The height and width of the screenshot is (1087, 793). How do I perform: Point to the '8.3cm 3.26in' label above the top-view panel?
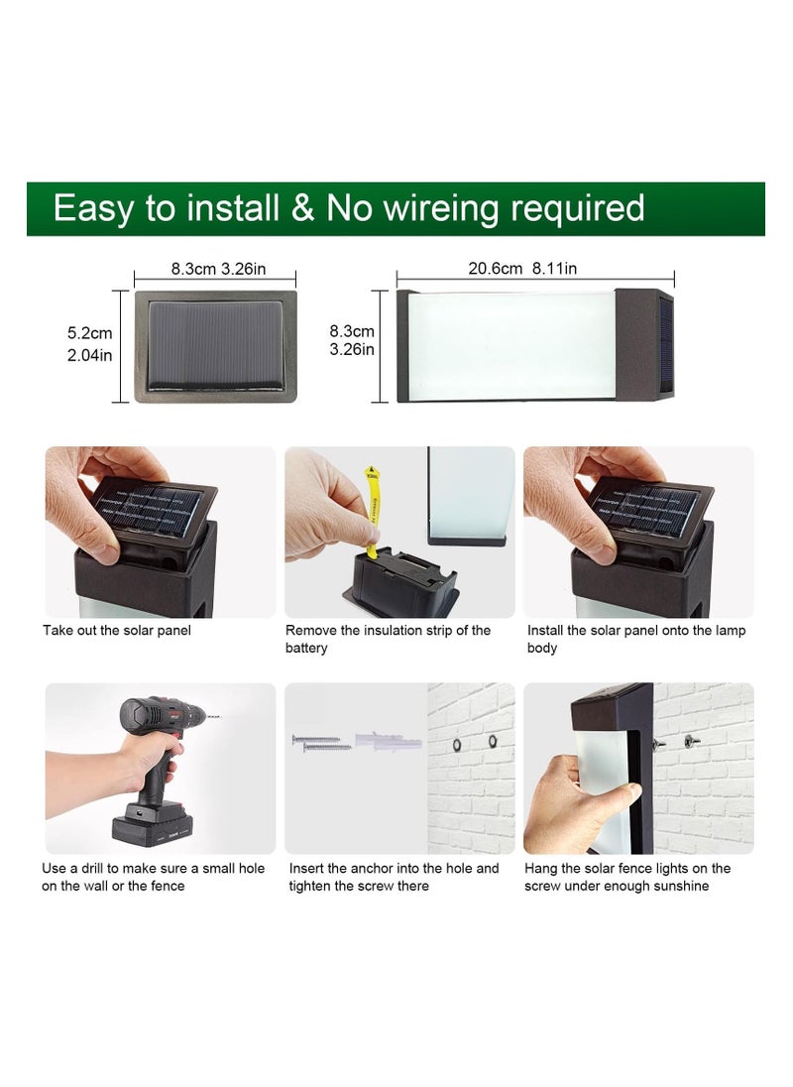click(217, 268)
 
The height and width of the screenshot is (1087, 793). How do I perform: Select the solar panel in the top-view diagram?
click(215, 346)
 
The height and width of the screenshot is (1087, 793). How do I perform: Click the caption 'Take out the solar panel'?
click(116, 631)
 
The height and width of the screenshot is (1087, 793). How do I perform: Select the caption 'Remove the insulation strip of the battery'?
click(388, 639)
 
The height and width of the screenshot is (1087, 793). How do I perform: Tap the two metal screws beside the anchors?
click(320, 742)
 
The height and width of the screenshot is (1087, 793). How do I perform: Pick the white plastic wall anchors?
click(381, 741)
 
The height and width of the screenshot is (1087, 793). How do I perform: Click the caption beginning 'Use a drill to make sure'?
click(153, 877)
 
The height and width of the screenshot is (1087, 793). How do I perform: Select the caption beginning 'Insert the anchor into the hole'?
click(394, 877)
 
